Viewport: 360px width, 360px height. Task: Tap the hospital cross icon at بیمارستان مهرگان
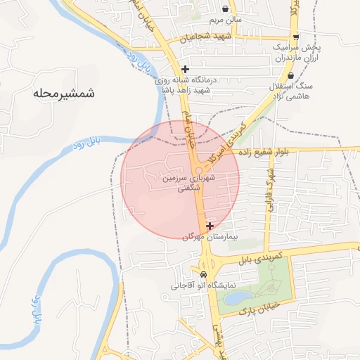(x=210, y=226)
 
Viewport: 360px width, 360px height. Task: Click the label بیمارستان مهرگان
(x=211, y=238)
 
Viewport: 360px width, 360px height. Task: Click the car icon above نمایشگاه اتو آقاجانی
(x=202, y=274)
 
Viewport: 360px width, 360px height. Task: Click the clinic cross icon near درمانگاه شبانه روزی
(x=185, y=69)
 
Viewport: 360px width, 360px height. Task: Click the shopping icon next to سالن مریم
(x=225, y=9)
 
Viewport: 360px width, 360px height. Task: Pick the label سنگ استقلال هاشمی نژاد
(x=305, y=89)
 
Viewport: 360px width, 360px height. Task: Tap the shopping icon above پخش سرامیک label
(x=296, y=37)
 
